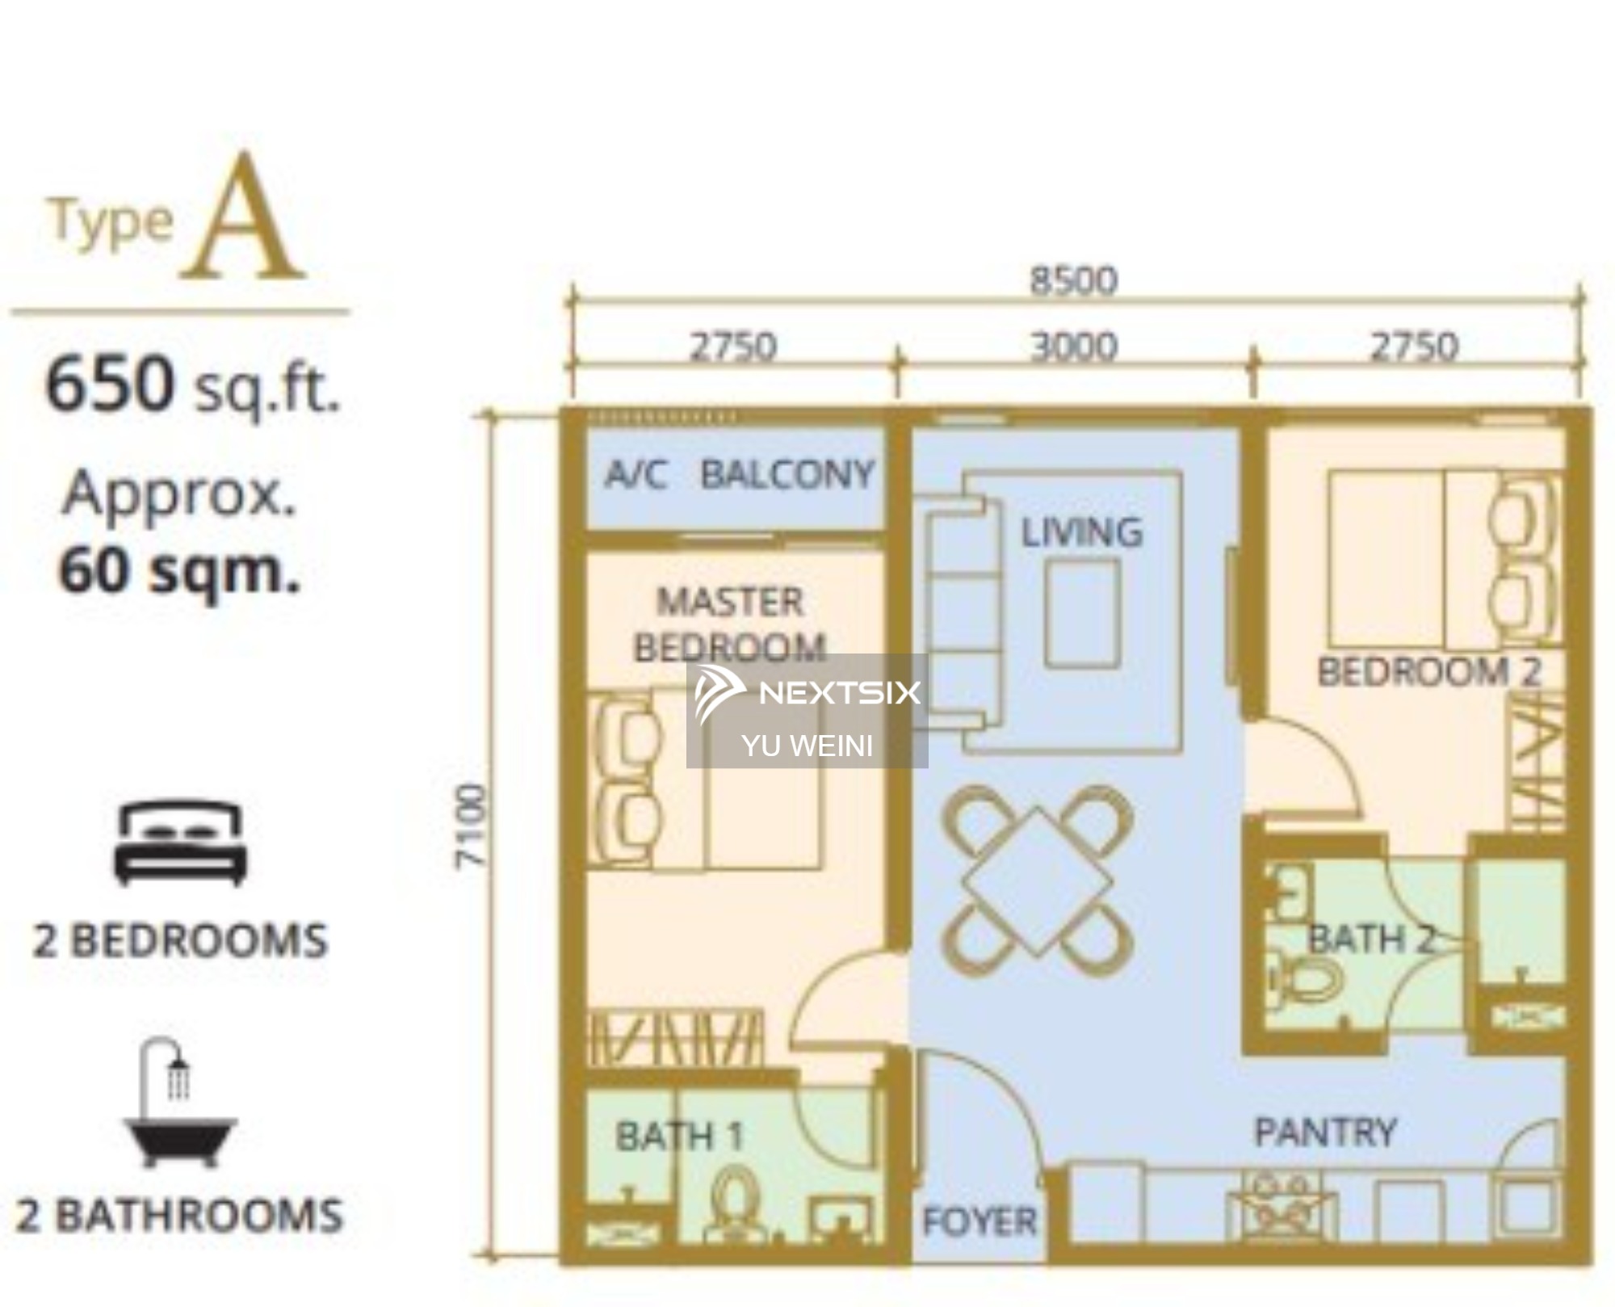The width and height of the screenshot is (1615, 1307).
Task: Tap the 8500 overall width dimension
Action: point(1073,280)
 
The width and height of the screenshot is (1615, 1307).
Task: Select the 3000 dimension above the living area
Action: point(1074,347)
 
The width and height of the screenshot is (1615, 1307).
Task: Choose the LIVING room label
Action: point(1082,532)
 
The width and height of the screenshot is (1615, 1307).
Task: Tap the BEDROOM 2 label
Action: point(1430,671)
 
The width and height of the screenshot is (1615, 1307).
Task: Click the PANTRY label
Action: point(1325,1133)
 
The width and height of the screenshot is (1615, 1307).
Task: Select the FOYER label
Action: point(979,1221)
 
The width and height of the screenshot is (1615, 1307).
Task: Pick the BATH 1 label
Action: point(679,1137)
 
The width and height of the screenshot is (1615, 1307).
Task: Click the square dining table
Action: point(1037,881)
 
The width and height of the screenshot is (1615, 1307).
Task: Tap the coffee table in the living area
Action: point(1082,614)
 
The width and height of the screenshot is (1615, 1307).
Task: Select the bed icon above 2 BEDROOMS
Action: point(180,843)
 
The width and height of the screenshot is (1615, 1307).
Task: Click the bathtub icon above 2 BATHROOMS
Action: point(179,1103)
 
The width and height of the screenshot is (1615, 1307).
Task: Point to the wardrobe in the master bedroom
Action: point(675,1039)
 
